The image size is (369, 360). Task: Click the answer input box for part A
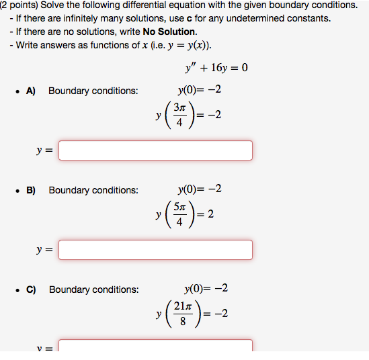155,150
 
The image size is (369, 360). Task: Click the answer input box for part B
155,250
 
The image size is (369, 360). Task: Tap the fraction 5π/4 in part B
178,215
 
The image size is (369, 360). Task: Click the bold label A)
31,91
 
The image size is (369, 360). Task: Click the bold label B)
31,190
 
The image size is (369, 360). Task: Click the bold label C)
31,289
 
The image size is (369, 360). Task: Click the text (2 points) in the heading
19,5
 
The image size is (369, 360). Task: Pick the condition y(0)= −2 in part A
200,90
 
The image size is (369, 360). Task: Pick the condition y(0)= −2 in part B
200,189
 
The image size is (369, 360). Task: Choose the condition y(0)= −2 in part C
206,289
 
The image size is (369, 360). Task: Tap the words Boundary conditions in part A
93,91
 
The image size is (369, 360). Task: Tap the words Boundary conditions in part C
93,289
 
